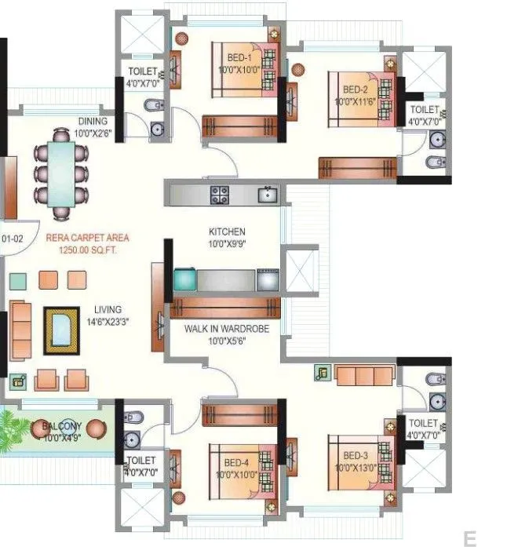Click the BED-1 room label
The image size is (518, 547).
tap(239, 58)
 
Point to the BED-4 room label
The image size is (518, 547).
tap(236, 463)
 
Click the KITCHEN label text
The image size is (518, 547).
tap(227, 232)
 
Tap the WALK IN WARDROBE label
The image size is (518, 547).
tap(226, 330)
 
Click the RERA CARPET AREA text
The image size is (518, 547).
tap(87, 237)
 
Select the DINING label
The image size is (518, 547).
tap(93, 122)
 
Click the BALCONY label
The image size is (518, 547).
tap(62, 426)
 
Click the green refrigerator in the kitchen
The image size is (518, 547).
tap(185, 280)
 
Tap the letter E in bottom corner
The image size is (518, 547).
tap(469, 538)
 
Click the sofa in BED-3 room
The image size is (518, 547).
tap(365, 376)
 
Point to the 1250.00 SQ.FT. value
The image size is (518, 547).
tap(87, 249)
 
